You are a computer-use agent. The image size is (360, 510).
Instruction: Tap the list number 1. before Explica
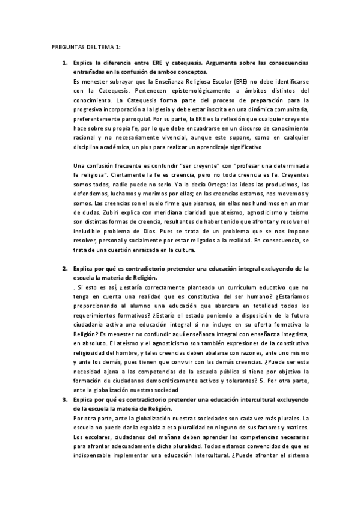tap(65, 63)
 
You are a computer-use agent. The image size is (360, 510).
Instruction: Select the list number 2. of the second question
tap(65, 268)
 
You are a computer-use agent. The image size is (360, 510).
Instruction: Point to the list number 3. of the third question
tap(65, 399)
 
